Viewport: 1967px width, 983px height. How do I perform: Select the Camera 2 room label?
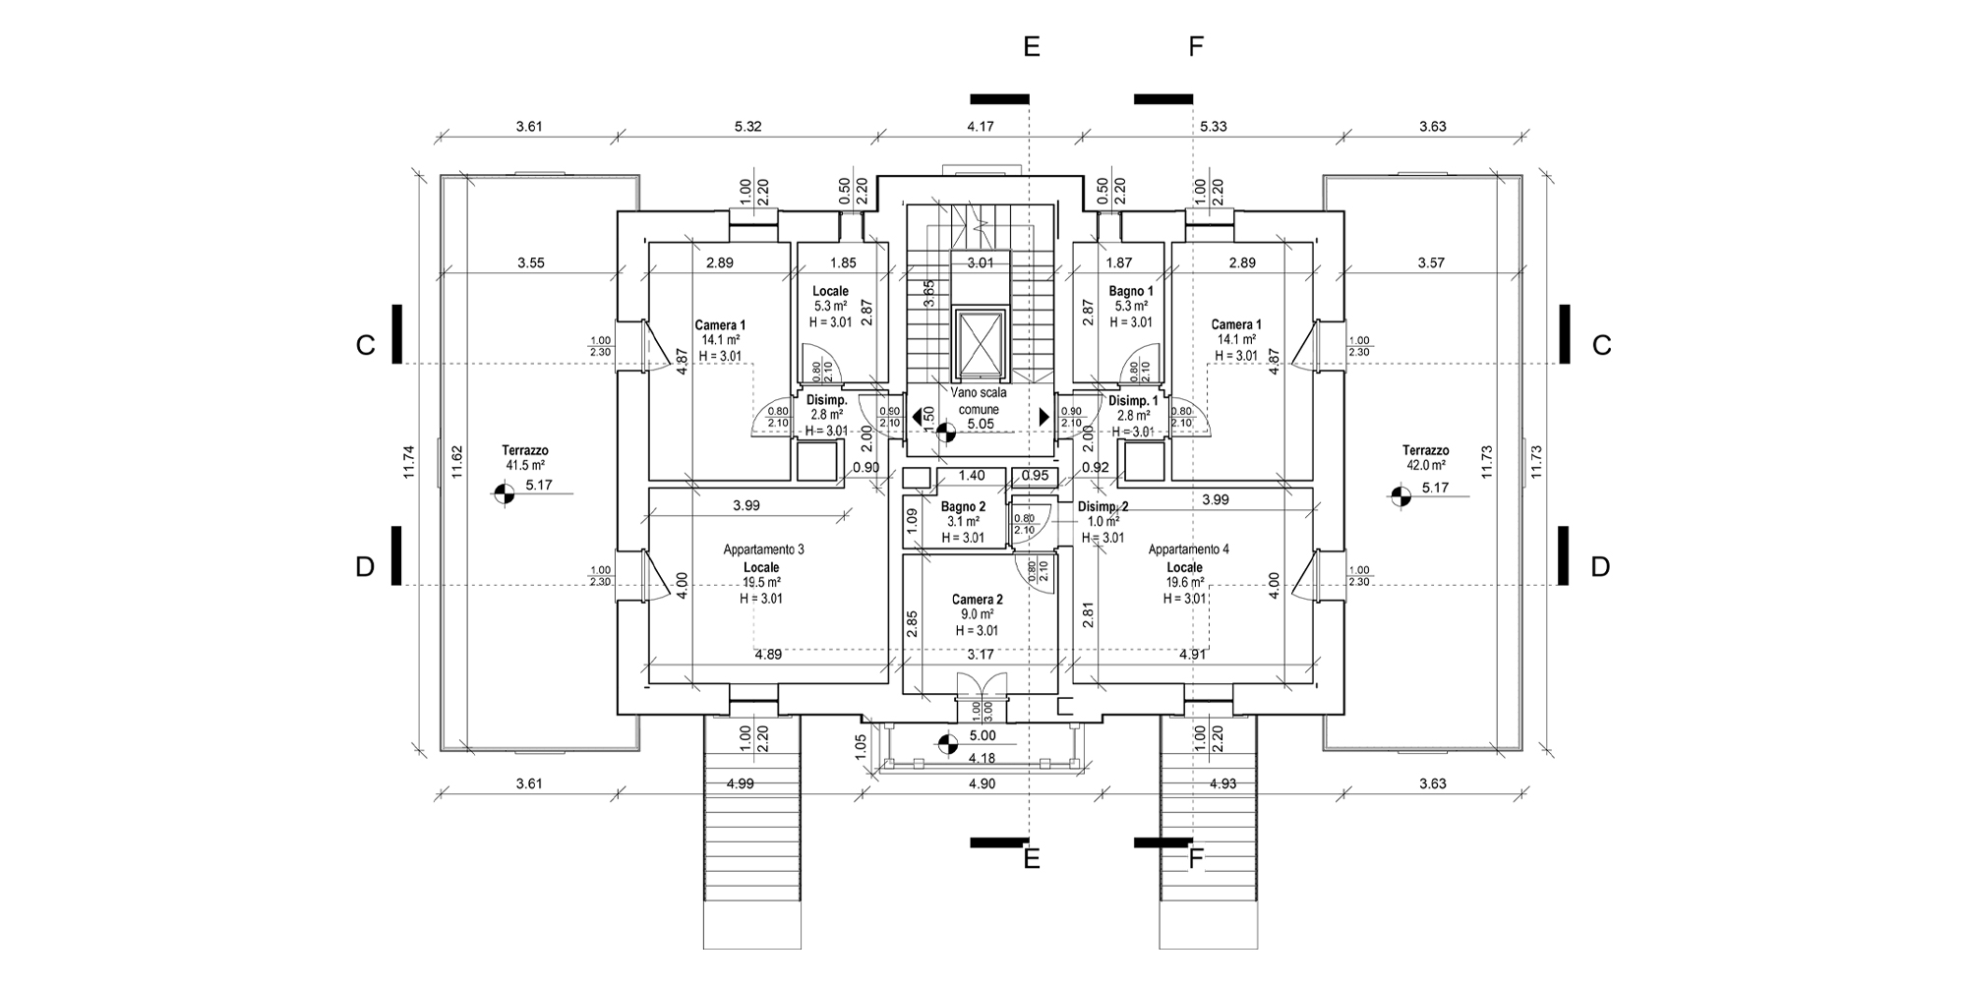click(977, 600)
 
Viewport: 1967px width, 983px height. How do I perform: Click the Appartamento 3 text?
click(763, 549)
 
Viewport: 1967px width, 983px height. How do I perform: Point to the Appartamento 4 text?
click(1188, 549)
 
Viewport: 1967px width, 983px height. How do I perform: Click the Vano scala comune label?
click(979, 400)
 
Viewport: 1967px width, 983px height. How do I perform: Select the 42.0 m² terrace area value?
click(1425, 465)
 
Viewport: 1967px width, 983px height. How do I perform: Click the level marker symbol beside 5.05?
click(946, 432)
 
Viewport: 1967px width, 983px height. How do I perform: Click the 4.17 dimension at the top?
click(981, 127)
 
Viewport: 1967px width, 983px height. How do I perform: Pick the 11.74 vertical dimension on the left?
click(409, 463)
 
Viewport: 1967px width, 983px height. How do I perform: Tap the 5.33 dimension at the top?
click(1213, 127)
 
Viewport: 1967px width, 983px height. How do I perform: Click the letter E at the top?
click(1031, 47)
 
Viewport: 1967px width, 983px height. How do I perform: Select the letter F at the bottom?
click(1196, 859)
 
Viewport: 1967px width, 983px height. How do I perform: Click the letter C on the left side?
click(366, 346)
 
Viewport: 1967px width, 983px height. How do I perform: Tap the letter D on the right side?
click(1600, 567)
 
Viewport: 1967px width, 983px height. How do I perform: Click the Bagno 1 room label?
click(1131, 291)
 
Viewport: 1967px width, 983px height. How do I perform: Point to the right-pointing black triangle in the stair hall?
click(1043, 417)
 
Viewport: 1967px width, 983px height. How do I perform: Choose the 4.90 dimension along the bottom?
click(983, 783)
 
